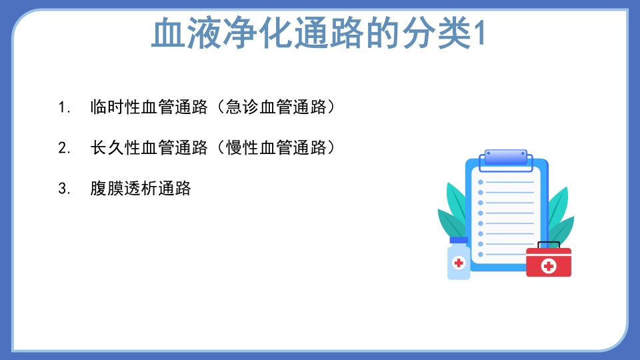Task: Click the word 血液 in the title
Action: pyautogui.click(x=179, y=34)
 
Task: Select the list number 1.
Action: pyautogui.click(x=64, y=107)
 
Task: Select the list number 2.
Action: pyautogui.click(x=64, y=148)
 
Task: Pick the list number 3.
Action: pyautogui.click(x=64, y=189)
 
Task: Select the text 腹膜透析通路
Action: pyautogui.click(x=141, y=189)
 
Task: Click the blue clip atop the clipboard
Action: pyautogui.click(x=506, y=157)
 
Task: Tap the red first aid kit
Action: pyautogui.click(x=549, y=263)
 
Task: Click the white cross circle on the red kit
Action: pyautogui.click(x=549, y=266)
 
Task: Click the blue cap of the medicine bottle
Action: pyautogui.click(x=459, y=240)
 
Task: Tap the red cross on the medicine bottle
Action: pyautogui.click(x=459, y=263)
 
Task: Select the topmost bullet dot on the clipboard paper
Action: pyautogui.click(x=481, y=181)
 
